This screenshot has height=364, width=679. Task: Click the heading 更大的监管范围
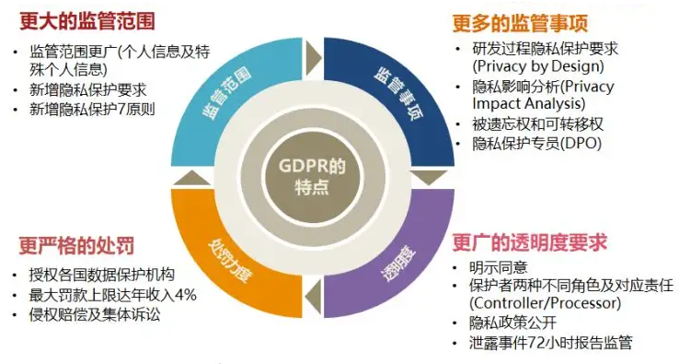(86, 18)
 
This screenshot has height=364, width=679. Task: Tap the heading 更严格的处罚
(76, 246)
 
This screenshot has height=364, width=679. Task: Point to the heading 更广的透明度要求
(529, 243)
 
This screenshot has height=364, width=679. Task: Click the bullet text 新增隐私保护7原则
(93, 110)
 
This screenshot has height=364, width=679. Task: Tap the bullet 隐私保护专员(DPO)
(537, 145)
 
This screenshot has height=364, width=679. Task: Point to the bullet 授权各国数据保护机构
(102, 276)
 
